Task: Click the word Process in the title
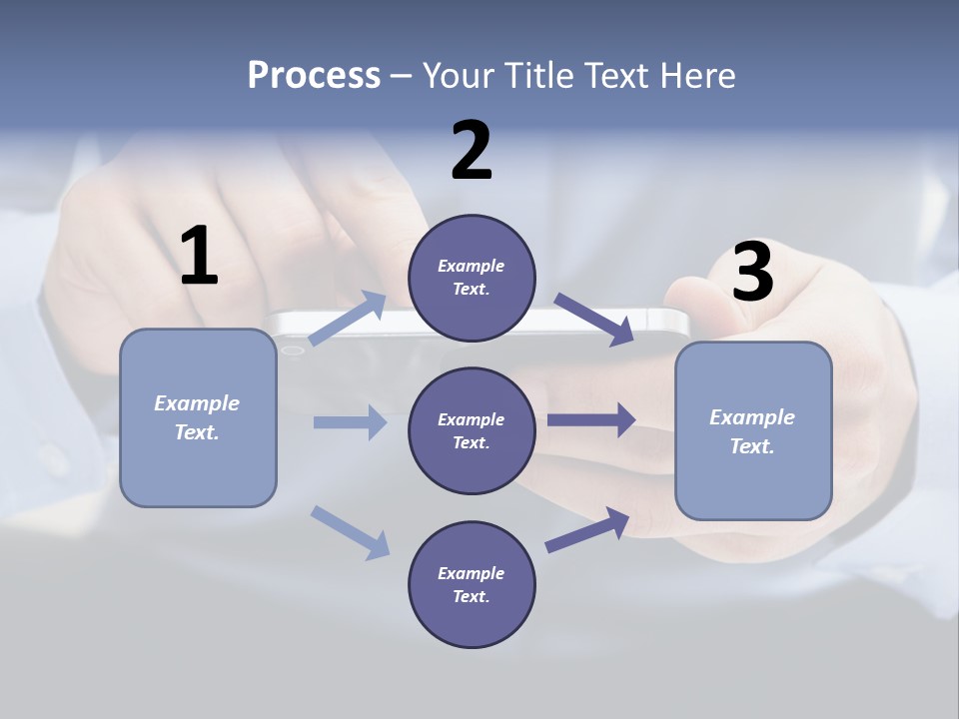[314, 76]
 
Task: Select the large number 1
[199, 257]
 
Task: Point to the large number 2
[472, 151]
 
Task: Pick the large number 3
[753, 272]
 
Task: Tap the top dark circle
[472, 278]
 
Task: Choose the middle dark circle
[472, 430]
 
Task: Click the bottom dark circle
[472, 584]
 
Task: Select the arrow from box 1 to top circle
[348, 319]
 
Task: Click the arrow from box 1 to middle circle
[350, 422]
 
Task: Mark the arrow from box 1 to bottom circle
[350, 532]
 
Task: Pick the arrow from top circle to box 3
[593, 320]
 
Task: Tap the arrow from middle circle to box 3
[591, 420]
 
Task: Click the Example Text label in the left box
[197, 417]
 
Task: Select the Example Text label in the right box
[752, 431]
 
